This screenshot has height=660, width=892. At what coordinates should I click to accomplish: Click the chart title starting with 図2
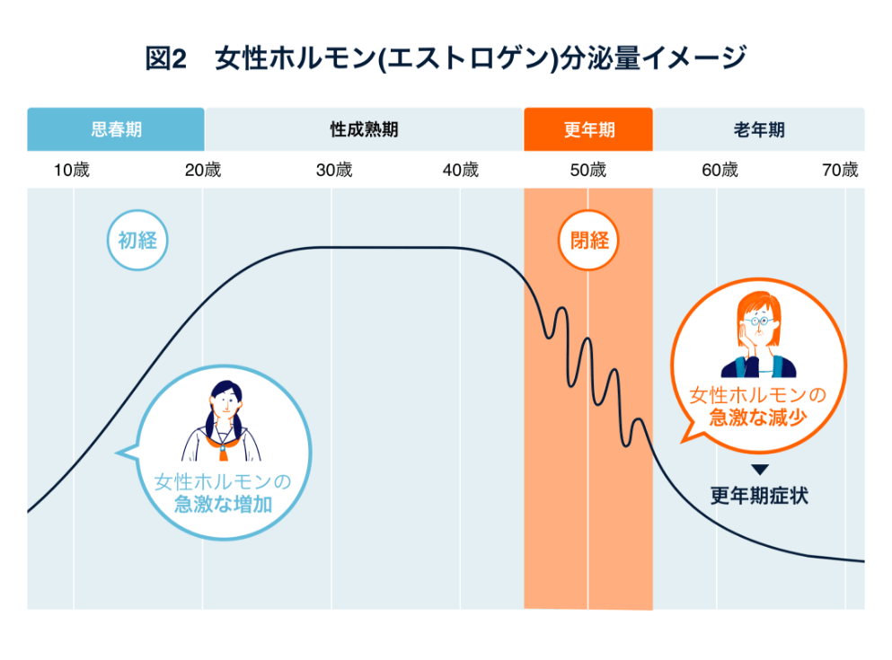click(446, 59)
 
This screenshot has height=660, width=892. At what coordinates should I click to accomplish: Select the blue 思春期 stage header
click(116, 129)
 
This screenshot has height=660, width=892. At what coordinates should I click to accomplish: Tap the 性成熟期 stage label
click(364, 129)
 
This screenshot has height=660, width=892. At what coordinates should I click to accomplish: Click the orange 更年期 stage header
click(588, 129)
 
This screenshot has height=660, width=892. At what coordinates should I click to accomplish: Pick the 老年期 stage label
click(758, 129)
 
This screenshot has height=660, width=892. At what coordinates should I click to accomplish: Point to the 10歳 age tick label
click(71, 170)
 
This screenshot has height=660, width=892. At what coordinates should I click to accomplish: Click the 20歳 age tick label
click(202, 170)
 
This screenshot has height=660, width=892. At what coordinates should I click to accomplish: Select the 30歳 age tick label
click(333, 170)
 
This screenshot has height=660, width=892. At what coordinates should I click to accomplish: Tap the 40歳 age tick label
click(460, 170)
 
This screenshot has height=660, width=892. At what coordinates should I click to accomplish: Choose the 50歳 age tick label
click(588, 170)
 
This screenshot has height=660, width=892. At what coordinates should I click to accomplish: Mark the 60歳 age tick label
click(720, 170)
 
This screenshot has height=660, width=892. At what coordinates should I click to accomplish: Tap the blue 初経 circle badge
click(137, 240)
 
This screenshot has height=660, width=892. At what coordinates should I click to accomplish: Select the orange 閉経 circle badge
click(589, 240)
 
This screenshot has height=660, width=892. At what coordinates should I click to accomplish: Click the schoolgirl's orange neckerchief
click(221, 441)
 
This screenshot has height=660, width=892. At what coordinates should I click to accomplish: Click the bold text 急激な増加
click(223, 505)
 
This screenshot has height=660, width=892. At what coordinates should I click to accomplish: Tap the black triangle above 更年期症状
click(759, 470)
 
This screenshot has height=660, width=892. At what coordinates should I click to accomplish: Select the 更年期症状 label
click(759, 495)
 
